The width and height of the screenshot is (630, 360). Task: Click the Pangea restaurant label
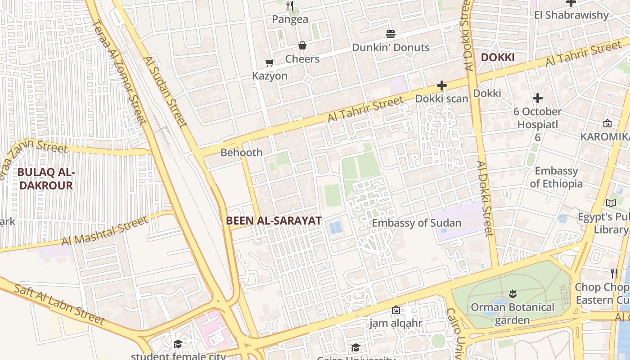[290, 19]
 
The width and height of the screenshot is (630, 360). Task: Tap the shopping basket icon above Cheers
[302, 45]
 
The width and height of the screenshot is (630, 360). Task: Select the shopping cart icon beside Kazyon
[269, 63]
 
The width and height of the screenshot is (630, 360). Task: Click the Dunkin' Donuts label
[391, 48]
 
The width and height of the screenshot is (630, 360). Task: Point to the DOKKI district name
[497, 58]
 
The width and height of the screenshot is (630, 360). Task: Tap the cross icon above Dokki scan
[442, 85]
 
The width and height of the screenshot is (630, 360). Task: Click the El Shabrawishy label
[571, 15]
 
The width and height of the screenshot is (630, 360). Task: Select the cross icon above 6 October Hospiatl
[537, 98]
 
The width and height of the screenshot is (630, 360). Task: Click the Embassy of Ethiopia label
[556, 177]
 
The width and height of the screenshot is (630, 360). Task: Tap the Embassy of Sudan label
[416, 223]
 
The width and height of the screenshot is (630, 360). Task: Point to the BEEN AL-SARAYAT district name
[274, 220]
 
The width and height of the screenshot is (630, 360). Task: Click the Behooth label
[242, 153]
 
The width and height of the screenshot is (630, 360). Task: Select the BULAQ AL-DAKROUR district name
[45, 179]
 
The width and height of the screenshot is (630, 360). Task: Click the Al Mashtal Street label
[105, 231]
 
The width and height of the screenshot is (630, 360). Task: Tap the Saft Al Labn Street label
[59, 304]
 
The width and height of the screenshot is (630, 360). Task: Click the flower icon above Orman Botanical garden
[512, 294]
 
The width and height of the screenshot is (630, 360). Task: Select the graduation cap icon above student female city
[178, 344]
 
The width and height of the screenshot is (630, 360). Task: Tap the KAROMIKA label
[605, 136]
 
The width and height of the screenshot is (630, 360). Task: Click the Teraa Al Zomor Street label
[119, 72]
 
